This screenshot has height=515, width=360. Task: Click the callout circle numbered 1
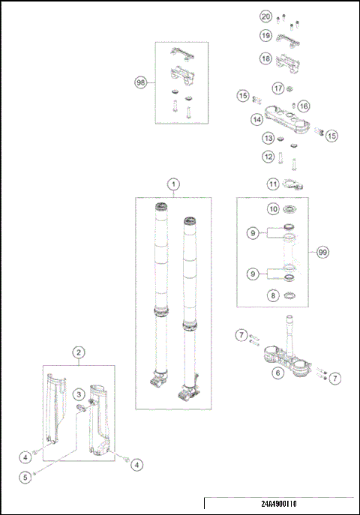[173, 184]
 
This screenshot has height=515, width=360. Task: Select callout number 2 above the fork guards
[79, 353]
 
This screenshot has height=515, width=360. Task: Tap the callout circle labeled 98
[140, 82]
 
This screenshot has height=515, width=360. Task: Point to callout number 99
[322, 252]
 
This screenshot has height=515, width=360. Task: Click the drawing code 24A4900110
[279, 504]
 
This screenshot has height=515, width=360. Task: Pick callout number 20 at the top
[266, 16]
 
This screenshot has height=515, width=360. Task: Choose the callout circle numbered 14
[256, 120]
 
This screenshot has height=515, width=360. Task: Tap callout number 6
[278, 373]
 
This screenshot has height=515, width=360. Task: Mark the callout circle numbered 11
[273, 184]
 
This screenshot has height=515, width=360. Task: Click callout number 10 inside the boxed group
[273, 209]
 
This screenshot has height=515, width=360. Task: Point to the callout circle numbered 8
[273, 295]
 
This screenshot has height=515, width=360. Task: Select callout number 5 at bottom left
[25, 478]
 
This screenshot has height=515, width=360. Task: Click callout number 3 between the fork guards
[79, 394]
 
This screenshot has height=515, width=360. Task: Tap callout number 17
[278, 88]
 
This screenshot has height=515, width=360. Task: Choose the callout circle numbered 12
[268, 157]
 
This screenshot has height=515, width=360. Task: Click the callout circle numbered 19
[265, 35]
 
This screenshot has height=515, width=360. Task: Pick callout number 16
[304, 106]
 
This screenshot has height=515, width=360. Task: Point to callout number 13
[268, 138]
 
